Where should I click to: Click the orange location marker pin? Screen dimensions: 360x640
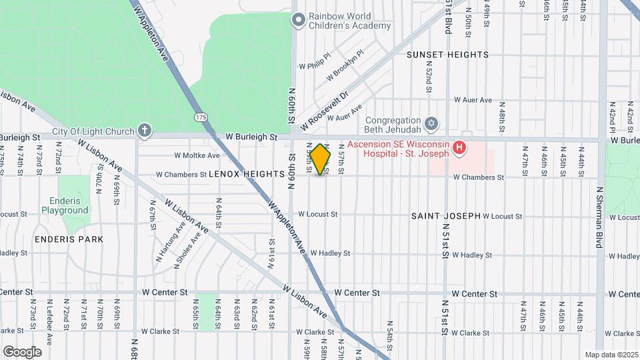pos(321,159)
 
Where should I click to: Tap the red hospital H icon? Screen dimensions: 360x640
pos(459,147)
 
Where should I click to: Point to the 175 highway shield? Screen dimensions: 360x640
pos(201,117)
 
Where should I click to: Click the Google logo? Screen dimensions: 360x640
pos(23,351)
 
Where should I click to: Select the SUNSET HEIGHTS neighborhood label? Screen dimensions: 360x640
pos(447,55)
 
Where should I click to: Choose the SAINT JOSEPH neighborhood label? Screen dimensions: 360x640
pos(445,216)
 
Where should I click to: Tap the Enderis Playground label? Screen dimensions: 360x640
pos(65,205)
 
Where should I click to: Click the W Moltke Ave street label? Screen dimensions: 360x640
pos(197,155)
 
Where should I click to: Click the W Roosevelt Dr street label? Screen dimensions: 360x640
pos(325,112)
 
